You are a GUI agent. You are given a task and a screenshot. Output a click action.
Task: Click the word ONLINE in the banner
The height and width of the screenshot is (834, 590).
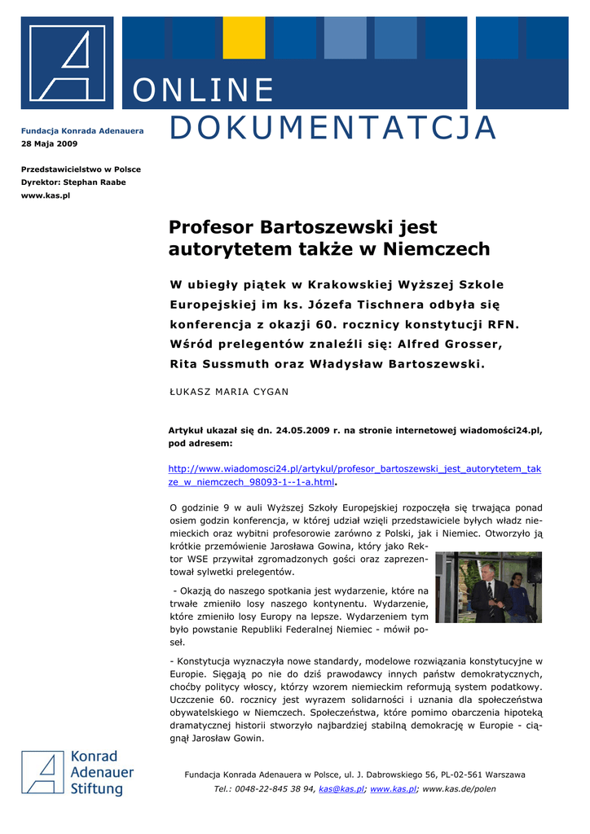203,90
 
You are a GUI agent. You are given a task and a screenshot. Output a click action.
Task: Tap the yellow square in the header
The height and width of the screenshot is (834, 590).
244,37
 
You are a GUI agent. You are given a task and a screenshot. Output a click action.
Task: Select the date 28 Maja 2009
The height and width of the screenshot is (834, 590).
49,143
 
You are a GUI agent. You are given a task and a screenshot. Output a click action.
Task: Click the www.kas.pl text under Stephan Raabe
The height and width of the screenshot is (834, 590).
46,195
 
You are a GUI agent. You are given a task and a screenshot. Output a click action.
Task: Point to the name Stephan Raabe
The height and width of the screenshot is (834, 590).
95,182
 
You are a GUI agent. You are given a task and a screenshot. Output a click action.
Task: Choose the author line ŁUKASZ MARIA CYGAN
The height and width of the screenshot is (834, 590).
228,392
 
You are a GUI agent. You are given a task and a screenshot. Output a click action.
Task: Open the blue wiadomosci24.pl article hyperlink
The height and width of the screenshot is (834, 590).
354,476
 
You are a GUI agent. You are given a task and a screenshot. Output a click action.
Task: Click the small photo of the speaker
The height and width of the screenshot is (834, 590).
488,587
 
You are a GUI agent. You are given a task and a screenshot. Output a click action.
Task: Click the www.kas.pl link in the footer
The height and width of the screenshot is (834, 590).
394,789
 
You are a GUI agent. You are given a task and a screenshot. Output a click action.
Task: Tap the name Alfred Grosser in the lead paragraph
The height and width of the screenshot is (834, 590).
457,345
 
